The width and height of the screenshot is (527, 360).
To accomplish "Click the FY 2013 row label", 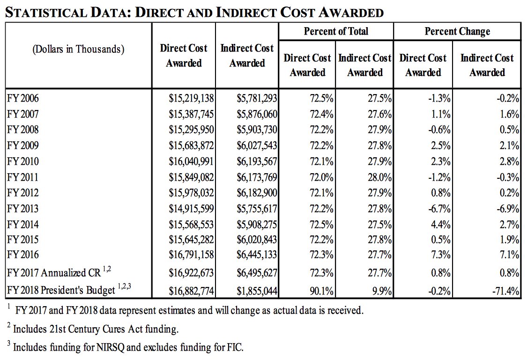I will coord(23,208).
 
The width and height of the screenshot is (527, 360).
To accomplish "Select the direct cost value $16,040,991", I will coord(191,162).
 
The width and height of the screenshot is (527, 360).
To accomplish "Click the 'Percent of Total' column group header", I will coord(336,32).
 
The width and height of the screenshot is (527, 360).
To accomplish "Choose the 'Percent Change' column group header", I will coord(457,32).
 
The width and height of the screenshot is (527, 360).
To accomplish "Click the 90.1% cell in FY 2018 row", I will coord(322,291).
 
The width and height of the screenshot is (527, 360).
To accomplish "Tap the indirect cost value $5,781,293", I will coord(257,99).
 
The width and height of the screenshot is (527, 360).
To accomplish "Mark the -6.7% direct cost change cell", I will coord(440,208).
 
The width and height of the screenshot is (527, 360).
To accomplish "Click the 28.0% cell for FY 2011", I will coord(379,177).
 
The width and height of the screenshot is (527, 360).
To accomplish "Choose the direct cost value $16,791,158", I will coord(191,255).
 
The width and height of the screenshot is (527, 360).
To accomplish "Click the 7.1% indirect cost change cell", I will coord(509,255).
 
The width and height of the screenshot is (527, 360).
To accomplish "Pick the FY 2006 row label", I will coord(23,99).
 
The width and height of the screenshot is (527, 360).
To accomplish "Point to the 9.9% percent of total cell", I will coord(382,291).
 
